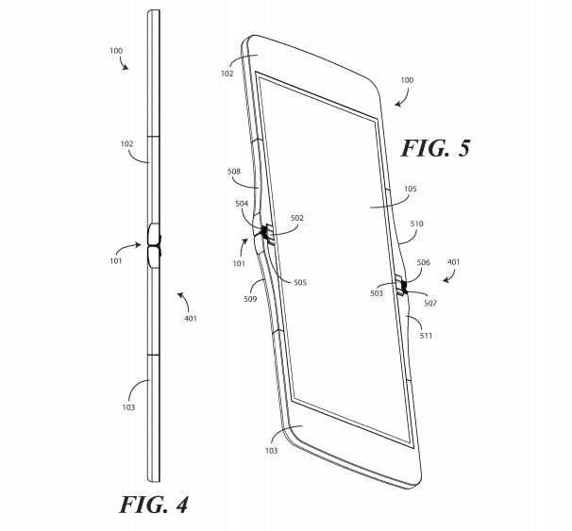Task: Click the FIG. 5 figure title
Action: [x=435, y=148]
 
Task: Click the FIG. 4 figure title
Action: [x=154, y=505]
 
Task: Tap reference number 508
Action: [x=234, y=172]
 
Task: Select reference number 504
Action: [x=242, y=204]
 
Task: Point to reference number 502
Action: [x=297, y=218]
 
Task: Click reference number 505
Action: [x=300, y=282]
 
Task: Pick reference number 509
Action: [x=250, y=299]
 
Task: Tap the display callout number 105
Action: [x=411, y=189]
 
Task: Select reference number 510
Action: [x=416, y=224]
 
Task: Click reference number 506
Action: [x=423, y=262]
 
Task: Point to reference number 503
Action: [x=377, y=293]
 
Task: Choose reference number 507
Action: [x=430, y=303]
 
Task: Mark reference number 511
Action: [x=426, y=336]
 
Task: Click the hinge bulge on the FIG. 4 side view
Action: [x=154, y=245]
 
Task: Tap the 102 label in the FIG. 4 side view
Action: [x=126, y=144]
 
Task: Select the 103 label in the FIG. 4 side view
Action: [x=128, y=407]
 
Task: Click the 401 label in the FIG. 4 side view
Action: [x=191, y=319]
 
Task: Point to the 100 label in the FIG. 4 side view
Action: [x=116, y=51]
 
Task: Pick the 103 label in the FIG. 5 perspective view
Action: [x=272, y=451]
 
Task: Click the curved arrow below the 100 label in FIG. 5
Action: [x=404, y=100]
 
